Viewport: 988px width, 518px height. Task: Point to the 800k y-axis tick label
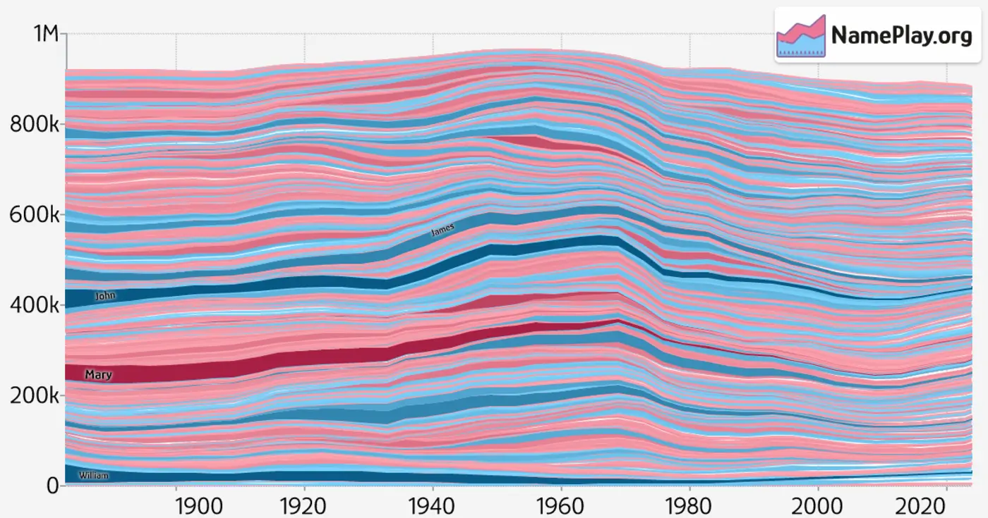pyautogui.click(x=34, y=125)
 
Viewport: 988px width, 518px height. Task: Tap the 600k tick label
pyautogui.click(x=34, y=215)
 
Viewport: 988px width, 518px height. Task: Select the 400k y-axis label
pyautogui.click(x=34, y=305)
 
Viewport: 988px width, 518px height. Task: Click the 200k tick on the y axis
pyautogui.click(x=34, y=395)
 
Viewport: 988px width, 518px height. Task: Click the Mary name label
pyautogui.click(x=98, y=375)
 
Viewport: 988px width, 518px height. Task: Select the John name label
pyautogui.click(x=105, y=296)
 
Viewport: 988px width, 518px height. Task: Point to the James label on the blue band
pyautogui.click(x=443, y=230)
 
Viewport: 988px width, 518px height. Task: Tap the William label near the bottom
pyautogui.click(x=94, y=476)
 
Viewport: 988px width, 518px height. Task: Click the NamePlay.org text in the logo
pyautogui.click(x=901, y=35)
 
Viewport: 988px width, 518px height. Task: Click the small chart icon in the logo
pyautogui.click(x=801, y=35)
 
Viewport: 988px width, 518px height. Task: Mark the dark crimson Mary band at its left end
pyautogui.click(x=71, y=374)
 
